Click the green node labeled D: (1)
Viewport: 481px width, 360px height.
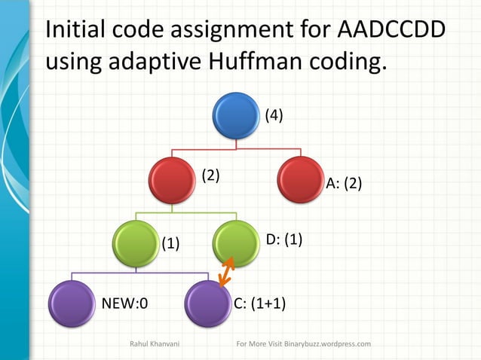coord(236,242)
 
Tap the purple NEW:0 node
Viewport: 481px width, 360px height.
coord(72,303)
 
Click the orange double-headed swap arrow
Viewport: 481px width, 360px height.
coord(225,272)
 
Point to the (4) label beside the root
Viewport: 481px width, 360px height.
coord(273,116)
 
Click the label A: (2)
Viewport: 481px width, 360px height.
coord(344,184)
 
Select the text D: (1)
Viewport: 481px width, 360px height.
coord(284,239)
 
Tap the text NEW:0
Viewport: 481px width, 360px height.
coord(124,304)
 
